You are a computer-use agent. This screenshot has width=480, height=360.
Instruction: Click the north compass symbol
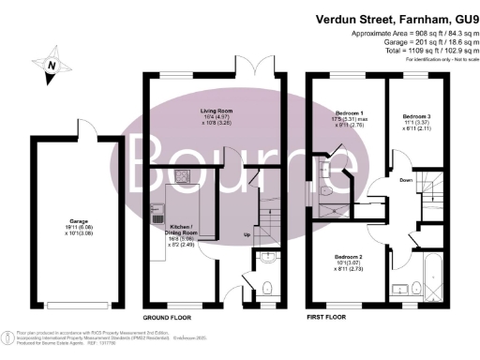tap(52, 65)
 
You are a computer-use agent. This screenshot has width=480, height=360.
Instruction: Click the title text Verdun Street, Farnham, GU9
tap(393, 16)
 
